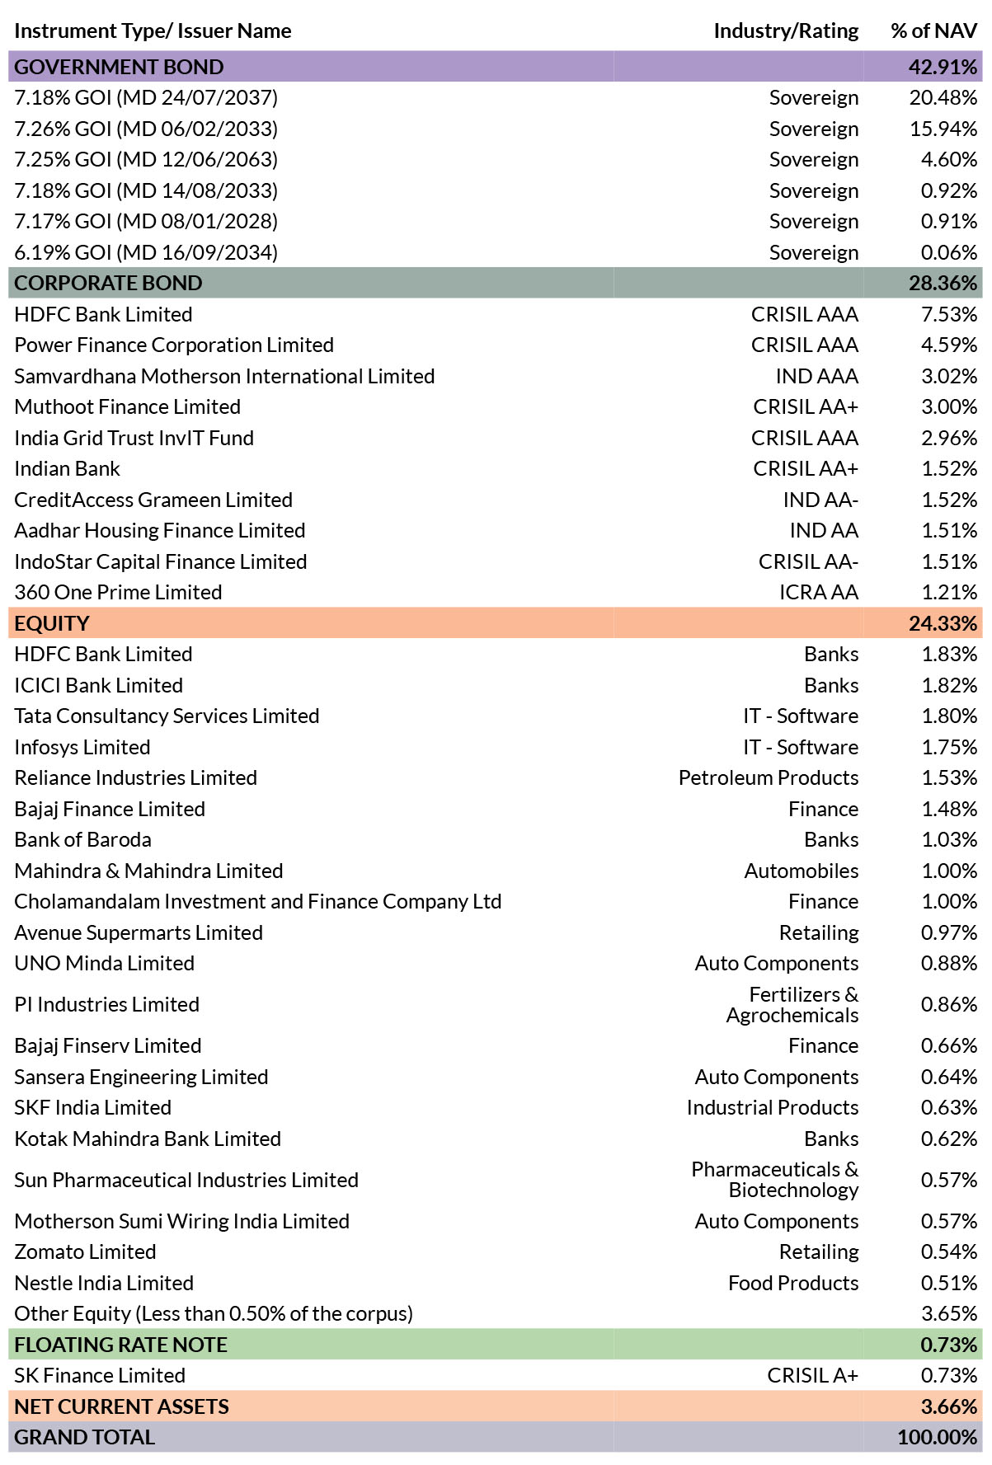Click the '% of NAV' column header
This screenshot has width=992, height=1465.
tap(933, 31)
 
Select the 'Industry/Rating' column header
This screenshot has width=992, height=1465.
tap(786, 31)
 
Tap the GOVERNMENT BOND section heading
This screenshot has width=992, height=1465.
tap(119, 67)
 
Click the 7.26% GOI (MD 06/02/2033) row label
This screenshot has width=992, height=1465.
tap(146, 129)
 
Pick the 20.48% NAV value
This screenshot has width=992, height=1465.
tap(943, 97)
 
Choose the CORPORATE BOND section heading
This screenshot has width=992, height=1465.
tap(108, 283)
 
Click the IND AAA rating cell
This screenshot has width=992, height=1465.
tap(816, 376)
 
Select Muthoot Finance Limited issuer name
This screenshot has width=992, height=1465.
tap(127, 406)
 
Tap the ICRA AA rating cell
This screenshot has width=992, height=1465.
tap(819, 592)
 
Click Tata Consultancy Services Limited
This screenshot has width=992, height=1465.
tap(167, 716)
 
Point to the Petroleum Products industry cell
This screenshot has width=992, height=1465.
tap(769, 777)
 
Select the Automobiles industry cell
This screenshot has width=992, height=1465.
tap(802, 871)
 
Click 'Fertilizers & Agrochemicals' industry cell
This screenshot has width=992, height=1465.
tap(792, 1004)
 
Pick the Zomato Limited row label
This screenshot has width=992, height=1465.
tap(85, 1251)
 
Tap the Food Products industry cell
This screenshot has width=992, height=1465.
tap(793, 1283)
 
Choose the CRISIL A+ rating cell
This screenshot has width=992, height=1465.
tap(812, 1375)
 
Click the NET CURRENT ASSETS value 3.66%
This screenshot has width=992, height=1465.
tap(949, 1406)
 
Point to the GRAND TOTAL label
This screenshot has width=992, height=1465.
tap(84, 1437)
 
